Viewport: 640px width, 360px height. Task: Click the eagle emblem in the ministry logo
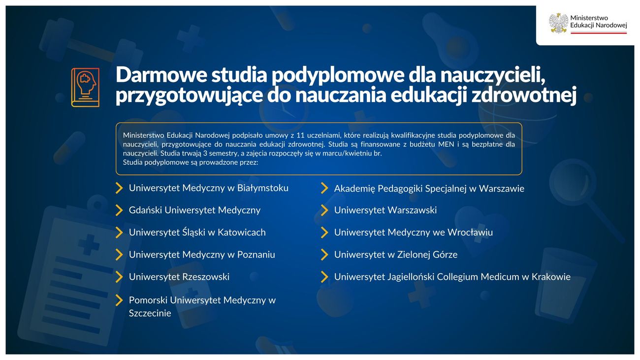(558, 23)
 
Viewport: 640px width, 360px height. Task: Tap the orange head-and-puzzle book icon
(86, 88)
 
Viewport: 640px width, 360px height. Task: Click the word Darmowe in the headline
(161, 75)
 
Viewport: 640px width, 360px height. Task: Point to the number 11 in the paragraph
(301, 135)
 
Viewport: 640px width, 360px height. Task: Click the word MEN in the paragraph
(447, 144)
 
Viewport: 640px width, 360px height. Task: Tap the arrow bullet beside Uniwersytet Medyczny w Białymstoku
(119, 188)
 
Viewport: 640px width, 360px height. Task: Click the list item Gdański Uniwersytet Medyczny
(194, 210)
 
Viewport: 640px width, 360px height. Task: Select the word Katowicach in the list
(242, 232)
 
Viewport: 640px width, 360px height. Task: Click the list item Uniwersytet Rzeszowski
(179, 277)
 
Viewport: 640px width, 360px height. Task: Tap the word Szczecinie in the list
(150, 313)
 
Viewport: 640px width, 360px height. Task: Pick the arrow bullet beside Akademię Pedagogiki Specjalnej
(324, 188)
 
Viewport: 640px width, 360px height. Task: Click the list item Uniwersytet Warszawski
(385, 210)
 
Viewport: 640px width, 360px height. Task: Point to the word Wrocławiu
(470, 232)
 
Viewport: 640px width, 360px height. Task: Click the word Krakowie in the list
(551, 277)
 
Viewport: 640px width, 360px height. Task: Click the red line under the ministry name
(599, 33)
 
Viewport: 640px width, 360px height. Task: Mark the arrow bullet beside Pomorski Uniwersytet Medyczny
(119, 300)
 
